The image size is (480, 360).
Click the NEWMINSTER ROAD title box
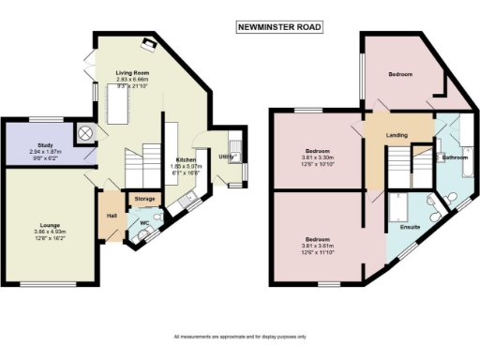(x=278, y=28)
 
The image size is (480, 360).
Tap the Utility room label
(x=226, y=157)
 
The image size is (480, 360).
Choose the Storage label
(x=144, y=199)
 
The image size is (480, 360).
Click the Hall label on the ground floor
(x=111, y=216)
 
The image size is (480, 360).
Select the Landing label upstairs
(x=397, y=136)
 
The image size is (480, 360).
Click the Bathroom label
(x=455, y=157)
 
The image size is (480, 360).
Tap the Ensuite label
(x=410, y=227)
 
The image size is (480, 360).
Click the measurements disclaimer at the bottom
(x=239, y=337)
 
